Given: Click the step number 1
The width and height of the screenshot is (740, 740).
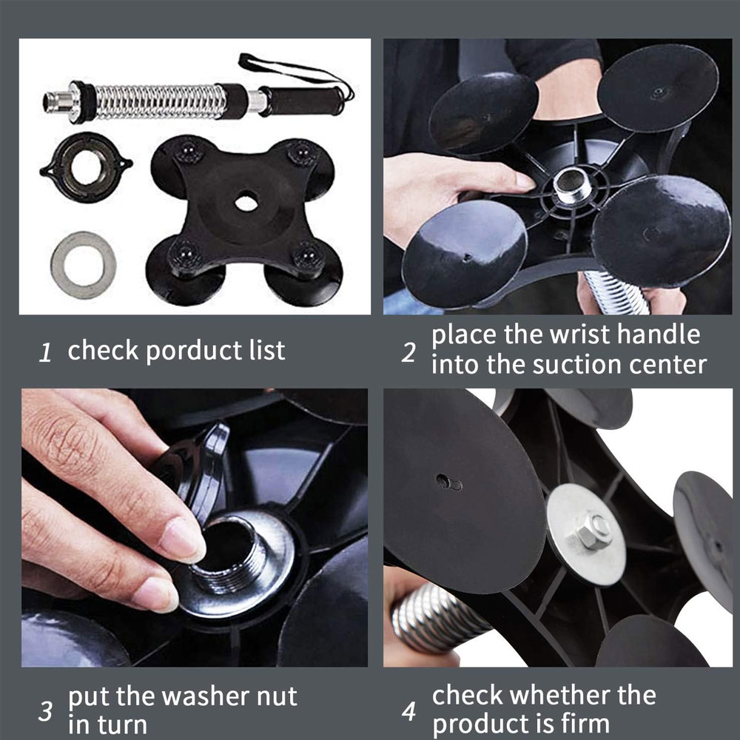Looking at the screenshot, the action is click(45, 352).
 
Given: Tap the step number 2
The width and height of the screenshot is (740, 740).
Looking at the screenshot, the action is click(408, 352).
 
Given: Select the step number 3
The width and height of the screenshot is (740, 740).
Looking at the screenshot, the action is click(46, 711).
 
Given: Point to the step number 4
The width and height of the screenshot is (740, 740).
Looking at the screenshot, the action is click(408, 711).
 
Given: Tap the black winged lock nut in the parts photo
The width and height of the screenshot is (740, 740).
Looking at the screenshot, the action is click(86, 167).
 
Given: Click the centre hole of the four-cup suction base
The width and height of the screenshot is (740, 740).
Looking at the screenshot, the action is click(246, 203).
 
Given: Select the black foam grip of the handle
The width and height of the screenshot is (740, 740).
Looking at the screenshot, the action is click(301, 101).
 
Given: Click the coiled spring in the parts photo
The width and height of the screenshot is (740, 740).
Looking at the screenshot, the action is click(158, 101).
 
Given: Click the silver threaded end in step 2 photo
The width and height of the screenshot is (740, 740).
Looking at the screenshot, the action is click(572, 184).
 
